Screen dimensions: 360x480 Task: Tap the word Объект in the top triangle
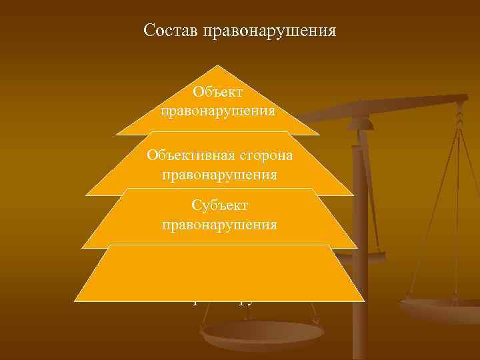[217, 93]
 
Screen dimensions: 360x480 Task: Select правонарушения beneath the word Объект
[217, 110]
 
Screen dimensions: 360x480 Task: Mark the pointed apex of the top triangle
[217, 66]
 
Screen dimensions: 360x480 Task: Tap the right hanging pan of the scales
[440, 309]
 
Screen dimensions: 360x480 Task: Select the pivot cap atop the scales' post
[360, 123]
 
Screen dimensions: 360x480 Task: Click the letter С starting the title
[149, 31]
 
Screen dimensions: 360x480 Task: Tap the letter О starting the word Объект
[197, 93]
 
